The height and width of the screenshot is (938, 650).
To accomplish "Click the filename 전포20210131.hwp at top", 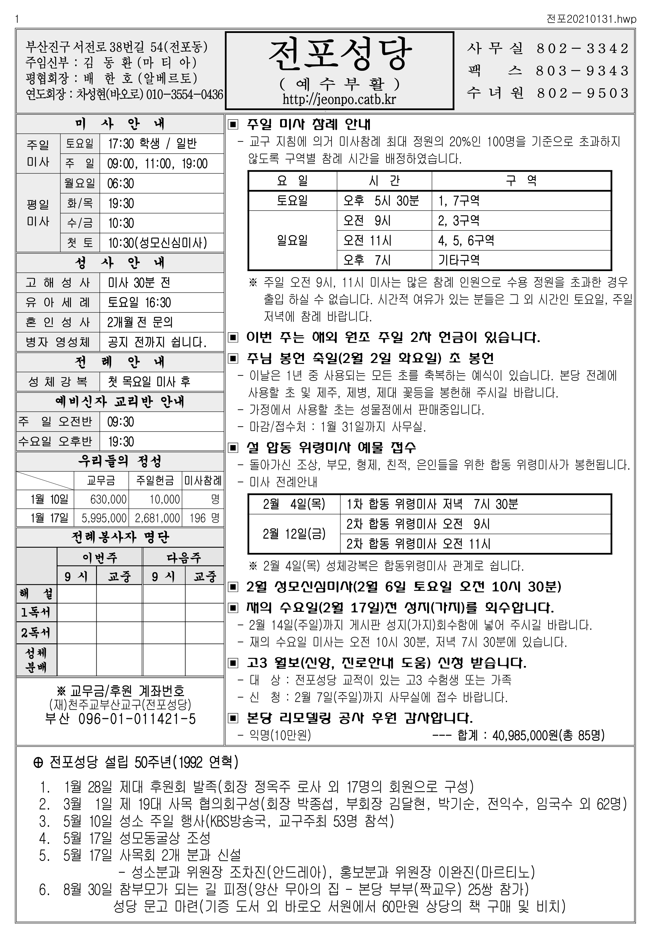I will pos(591,19).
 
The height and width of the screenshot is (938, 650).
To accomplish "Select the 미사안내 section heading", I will pos(120,124).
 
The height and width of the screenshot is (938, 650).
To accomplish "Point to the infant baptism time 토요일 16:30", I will pos(139,302).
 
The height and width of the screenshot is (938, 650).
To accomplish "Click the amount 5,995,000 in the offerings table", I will pos(104,518).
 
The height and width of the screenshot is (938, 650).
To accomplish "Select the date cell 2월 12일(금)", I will pos(294,534).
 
